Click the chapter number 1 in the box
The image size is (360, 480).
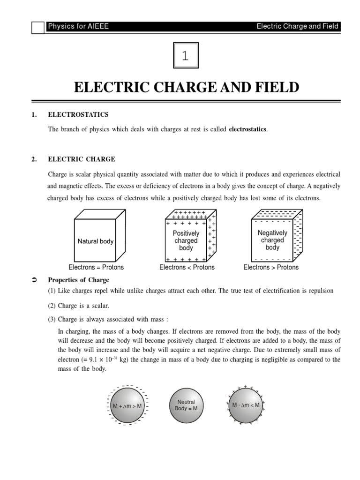(186, 57)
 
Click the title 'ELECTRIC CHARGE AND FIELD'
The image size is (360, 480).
(186, 87)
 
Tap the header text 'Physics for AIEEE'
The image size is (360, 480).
(78, 26)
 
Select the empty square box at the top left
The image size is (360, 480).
(38, 28)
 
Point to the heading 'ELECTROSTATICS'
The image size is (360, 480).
(78, 114)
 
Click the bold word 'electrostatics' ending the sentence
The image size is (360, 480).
(247, 129)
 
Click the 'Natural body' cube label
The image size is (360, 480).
(96, 241)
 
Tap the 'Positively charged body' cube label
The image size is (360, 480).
(186, 240)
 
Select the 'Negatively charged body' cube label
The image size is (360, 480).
(272, 240)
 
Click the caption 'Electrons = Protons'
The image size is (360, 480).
(96, 267)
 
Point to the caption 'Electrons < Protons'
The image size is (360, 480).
(187, 267)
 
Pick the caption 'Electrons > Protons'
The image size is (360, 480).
(271, 267)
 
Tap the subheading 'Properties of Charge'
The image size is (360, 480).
(78, 280)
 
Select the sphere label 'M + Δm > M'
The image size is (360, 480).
(127, 405)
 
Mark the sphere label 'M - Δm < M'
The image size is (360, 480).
(246, 405)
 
